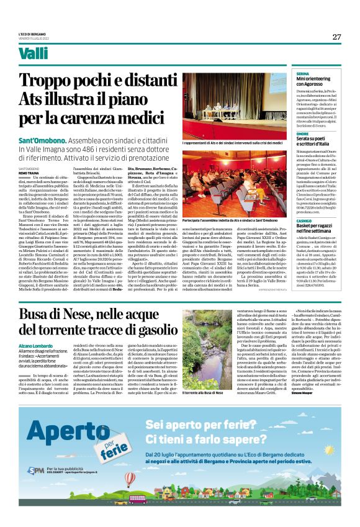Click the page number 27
(x=336, y=37)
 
